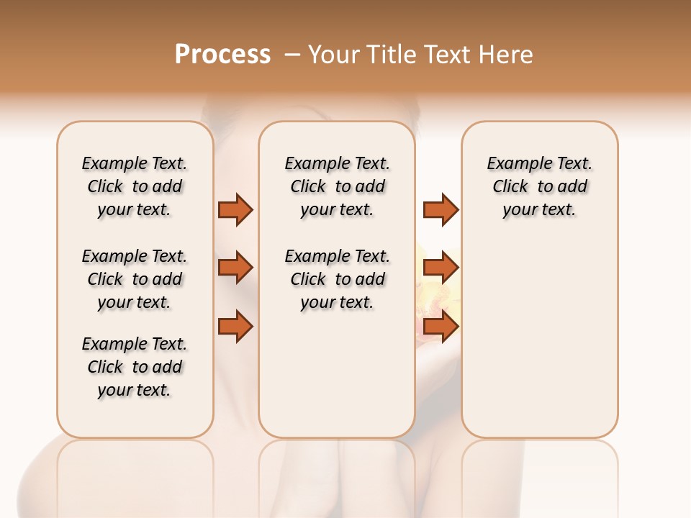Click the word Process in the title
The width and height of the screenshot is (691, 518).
point(222,55)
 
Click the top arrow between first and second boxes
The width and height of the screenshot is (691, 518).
point(235,209)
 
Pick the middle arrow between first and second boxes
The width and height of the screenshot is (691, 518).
point(235,268)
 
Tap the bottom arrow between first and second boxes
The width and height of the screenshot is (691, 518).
point(235,327)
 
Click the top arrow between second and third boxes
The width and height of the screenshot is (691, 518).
point(441,209)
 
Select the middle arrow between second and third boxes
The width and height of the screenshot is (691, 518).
point(441,268)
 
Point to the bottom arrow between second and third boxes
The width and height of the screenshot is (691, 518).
point(441,327)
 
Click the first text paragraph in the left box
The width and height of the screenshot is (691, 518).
point(135,186)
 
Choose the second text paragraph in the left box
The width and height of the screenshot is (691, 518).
point(135,279)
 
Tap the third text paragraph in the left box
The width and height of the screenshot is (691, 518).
point(135,367)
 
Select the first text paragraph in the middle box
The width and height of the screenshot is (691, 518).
point(337,186)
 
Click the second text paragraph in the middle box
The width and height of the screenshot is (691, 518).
point(337,279)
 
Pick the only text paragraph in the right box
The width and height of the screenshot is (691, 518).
point(539,186)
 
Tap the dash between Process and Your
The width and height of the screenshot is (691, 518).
point(293,55)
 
